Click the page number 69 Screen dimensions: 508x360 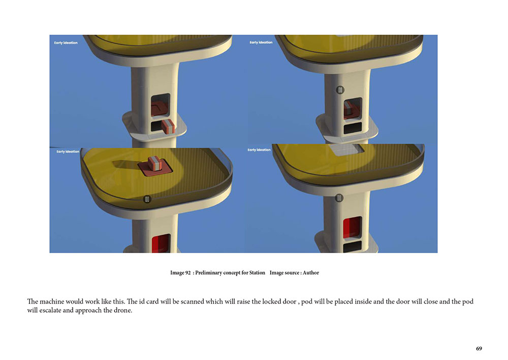coord(479,349)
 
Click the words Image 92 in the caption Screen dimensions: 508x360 coord(180,273)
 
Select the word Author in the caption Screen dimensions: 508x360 coord(311,273)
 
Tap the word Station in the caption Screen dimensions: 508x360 coord(257,273)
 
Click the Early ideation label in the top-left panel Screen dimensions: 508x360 coord(66,43)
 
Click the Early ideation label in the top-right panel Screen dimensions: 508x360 coord(261,43)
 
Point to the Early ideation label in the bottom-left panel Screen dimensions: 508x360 coord(68,152)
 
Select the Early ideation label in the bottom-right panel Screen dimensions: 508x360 coord(259,150)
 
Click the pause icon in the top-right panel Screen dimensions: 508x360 coord(340,90)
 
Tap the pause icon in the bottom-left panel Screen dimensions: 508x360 coord(147,199)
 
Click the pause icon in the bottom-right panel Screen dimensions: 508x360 coord(339,198)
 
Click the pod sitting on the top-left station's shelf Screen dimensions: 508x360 coord(168,126)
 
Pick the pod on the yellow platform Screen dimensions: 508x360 coord(154,163)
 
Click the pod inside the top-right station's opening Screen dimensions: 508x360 coord(348,108)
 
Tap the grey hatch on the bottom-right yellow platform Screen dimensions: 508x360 coord(346,150)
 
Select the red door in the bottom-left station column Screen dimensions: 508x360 coord(161,243)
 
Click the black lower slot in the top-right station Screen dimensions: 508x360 coord(353,128)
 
